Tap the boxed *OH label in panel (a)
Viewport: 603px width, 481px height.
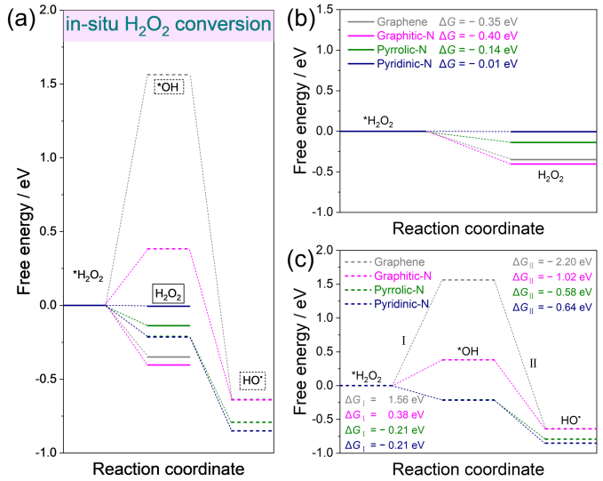(167, 86)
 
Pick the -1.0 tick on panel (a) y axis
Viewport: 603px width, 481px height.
(36, 453)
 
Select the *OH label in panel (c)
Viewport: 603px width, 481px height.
(469, 349)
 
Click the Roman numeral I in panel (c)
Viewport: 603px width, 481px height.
(402, 340)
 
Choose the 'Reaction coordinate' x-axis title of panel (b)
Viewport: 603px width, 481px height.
(469, 228)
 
